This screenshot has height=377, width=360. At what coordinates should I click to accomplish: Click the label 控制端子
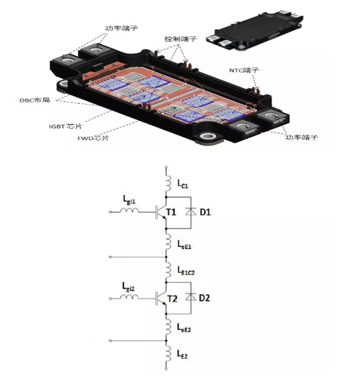(181, 39)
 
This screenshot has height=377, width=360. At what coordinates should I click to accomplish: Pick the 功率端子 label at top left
(119, 27)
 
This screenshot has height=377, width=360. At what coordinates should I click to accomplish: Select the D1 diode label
(205, 212)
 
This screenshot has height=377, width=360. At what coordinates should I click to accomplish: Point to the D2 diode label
(205, 298)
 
